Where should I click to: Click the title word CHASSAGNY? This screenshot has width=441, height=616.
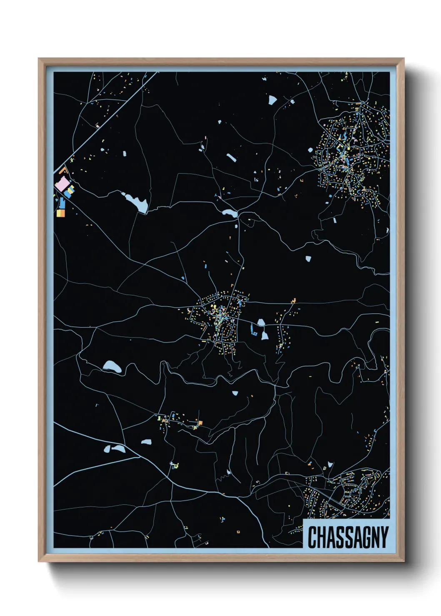point(348,537)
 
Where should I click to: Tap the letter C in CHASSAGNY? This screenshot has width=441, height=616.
point(312,537)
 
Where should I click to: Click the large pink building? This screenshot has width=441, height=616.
point(63,184)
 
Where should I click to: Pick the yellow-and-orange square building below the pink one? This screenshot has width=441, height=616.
point(61,213)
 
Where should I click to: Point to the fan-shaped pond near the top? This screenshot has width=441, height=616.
point(272,100)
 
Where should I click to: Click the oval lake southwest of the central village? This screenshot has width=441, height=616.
point(112,366)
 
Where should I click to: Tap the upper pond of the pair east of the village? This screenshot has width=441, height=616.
point(261,322)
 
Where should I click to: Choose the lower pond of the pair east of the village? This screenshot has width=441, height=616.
point(264,335)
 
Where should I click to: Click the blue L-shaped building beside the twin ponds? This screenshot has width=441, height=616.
point(253,331)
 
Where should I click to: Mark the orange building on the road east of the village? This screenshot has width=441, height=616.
point(294,300)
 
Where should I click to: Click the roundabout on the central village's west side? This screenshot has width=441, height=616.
point(191,311)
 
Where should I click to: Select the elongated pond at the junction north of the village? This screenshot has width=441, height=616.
point(229,213)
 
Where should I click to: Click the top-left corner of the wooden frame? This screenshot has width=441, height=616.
point(39,59)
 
